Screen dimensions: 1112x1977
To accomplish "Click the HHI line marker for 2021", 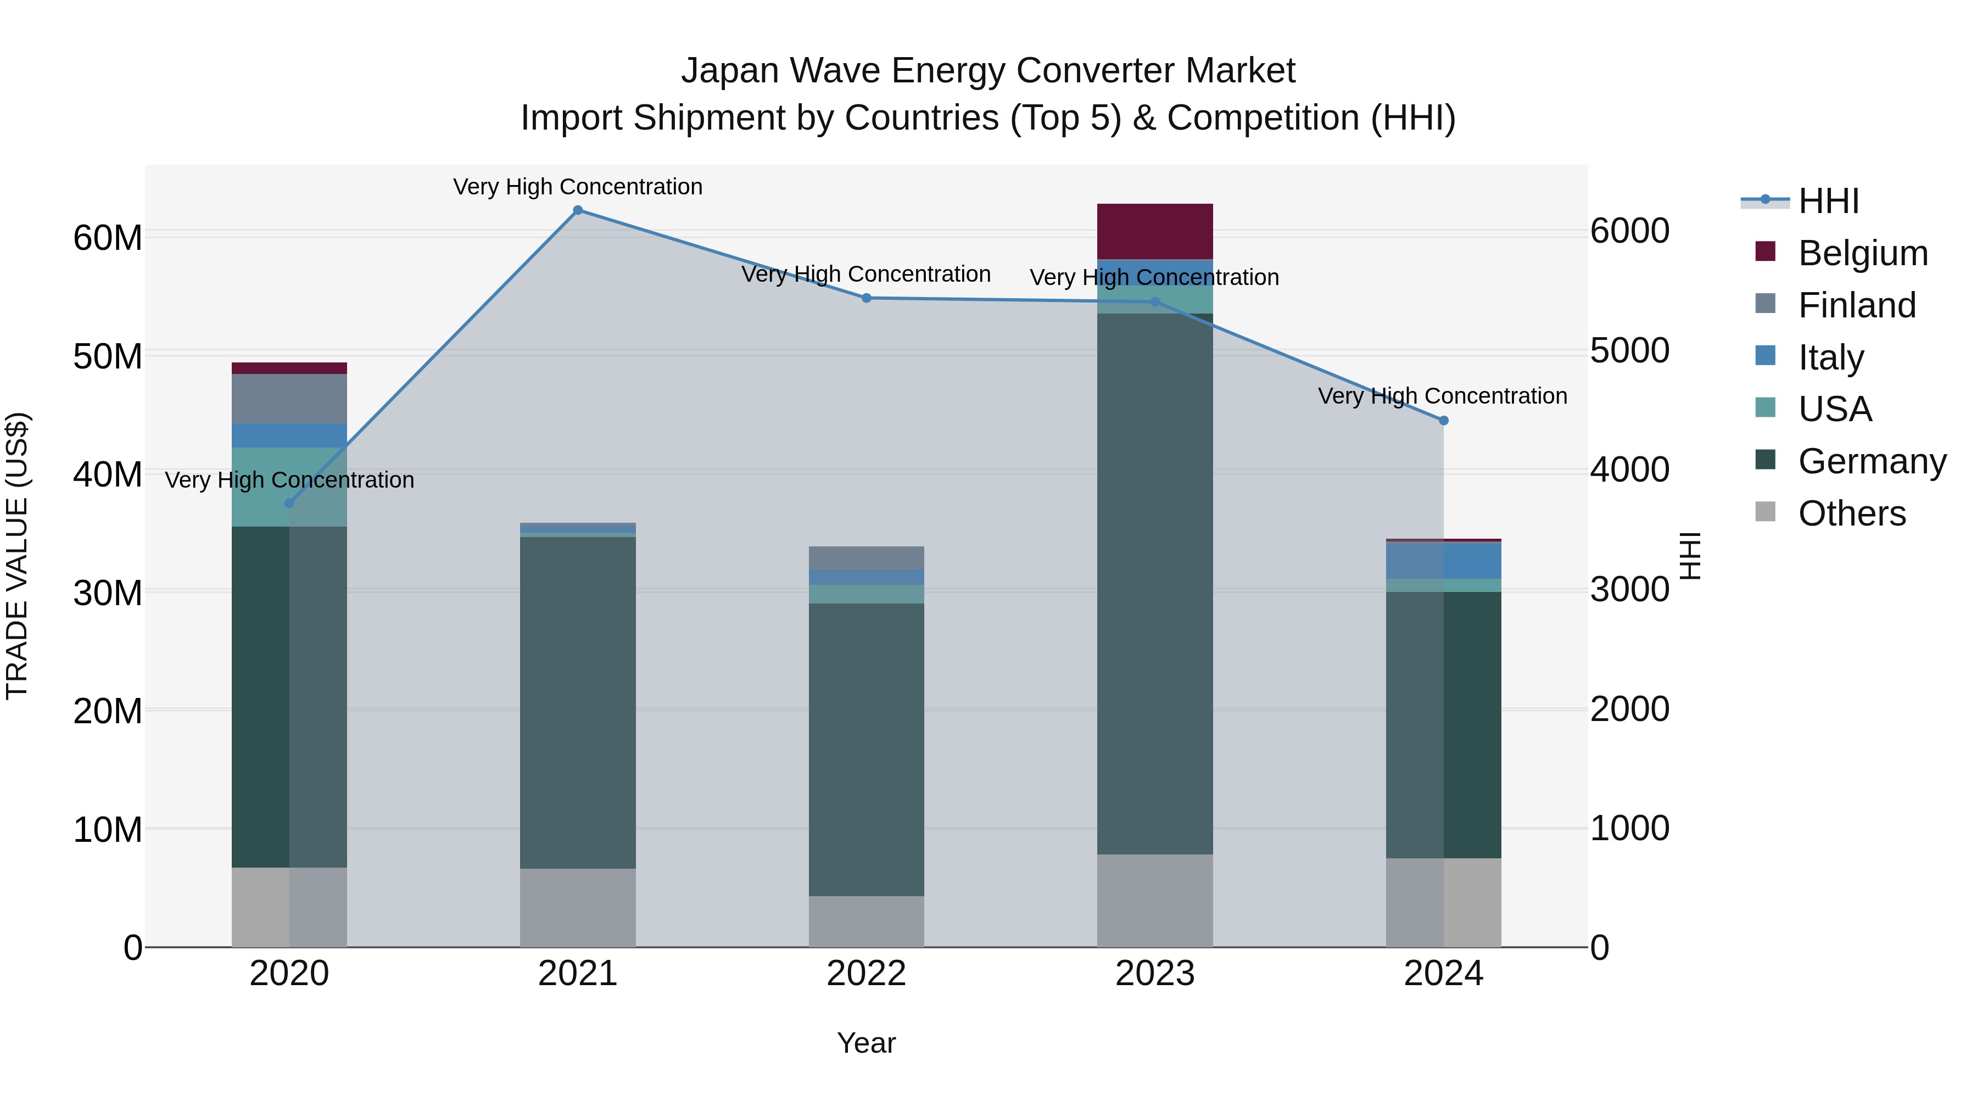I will [578, 210].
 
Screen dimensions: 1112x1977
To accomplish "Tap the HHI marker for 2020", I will [289, 504].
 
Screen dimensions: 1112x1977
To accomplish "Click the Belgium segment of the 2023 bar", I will [1154, 232].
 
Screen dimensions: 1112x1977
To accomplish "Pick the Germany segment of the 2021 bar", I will [578, 702].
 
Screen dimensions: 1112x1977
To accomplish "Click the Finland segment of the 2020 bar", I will [289, 399].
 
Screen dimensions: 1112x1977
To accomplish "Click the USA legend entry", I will [1834, 409].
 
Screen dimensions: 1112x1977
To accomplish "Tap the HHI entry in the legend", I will [1827, 201].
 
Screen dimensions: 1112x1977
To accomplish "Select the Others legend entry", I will [1851, 513].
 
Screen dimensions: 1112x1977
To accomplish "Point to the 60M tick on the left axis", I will [108, 238].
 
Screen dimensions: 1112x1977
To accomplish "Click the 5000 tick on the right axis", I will [1629, 351].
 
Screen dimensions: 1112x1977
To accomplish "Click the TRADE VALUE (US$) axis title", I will [17, 556].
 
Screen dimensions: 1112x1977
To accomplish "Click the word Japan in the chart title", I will [729, 71].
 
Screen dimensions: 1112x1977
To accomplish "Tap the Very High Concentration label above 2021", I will [578, 187].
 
